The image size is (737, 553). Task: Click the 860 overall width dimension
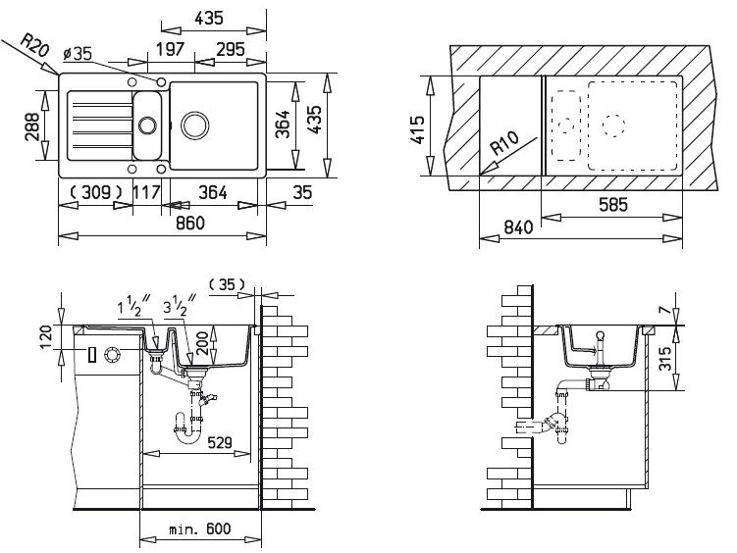click(190, 222)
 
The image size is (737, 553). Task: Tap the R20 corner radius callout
click(34, 46)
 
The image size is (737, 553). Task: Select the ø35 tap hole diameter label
click(79, 54)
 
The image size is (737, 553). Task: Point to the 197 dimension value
click(170, 48)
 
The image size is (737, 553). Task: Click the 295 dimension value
click(231, 48)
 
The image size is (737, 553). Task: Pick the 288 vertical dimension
click(32, 126)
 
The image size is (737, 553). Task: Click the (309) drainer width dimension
click(96, 191)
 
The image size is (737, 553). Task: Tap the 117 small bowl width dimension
click(146, 191)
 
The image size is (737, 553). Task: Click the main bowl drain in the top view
click(194, 125)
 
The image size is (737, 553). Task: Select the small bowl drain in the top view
click(147, 126)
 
